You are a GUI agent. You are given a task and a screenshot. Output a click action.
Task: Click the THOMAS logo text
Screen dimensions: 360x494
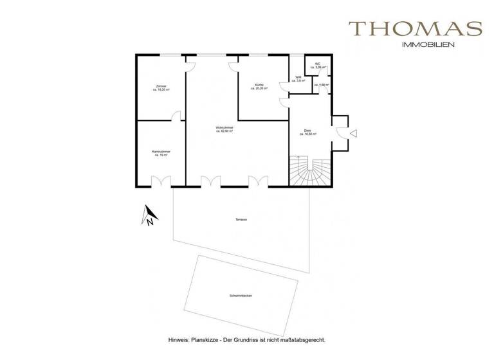415,29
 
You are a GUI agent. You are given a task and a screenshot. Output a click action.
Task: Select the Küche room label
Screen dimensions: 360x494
259,86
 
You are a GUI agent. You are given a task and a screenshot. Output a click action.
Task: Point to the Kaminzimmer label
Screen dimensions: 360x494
161,153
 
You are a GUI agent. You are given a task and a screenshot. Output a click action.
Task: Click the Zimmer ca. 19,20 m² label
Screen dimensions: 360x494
161,88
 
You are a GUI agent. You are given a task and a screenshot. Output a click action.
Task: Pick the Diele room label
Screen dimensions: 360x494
307,132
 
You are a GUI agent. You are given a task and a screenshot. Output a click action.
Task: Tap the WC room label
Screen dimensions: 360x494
317,65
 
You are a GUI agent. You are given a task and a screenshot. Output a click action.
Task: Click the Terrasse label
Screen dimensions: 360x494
241,220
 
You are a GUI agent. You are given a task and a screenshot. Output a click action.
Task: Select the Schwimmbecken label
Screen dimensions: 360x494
240,294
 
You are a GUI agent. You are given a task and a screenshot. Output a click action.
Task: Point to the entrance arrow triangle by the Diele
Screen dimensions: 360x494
352,132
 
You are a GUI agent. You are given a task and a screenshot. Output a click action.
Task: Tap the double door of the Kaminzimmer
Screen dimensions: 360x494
158,181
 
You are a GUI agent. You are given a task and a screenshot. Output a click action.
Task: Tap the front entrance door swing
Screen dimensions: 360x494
340,132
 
